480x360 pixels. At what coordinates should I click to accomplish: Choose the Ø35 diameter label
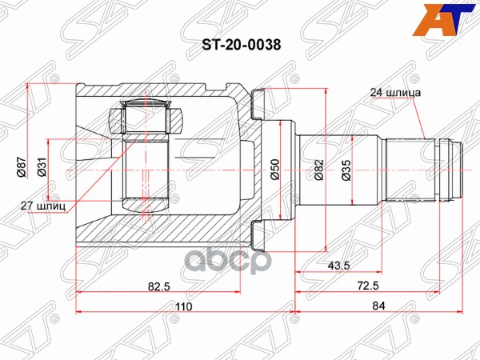[346, 170]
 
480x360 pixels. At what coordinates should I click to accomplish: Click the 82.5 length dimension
[158, 283]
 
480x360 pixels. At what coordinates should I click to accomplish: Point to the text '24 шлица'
[395, 91]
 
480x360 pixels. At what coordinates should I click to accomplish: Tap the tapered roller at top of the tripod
[148, 116]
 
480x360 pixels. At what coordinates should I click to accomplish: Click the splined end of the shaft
[453, 170]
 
